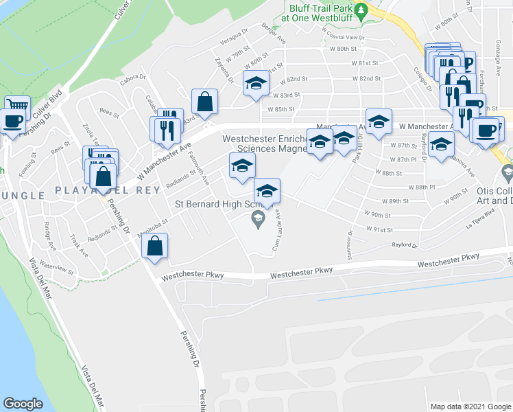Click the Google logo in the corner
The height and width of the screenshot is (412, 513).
[x=23, y=404]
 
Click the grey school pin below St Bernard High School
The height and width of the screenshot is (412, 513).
[x=258, y=220]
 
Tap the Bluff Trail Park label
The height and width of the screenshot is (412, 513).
[x=321, y=8]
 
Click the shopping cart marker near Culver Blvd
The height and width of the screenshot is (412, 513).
[x=17, y=104]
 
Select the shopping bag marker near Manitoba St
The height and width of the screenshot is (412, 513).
[x=156, y=245]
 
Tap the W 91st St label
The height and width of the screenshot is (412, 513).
[x=379, y=231]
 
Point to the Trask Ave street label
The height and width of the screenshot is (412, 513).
[x=79, y=244]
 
